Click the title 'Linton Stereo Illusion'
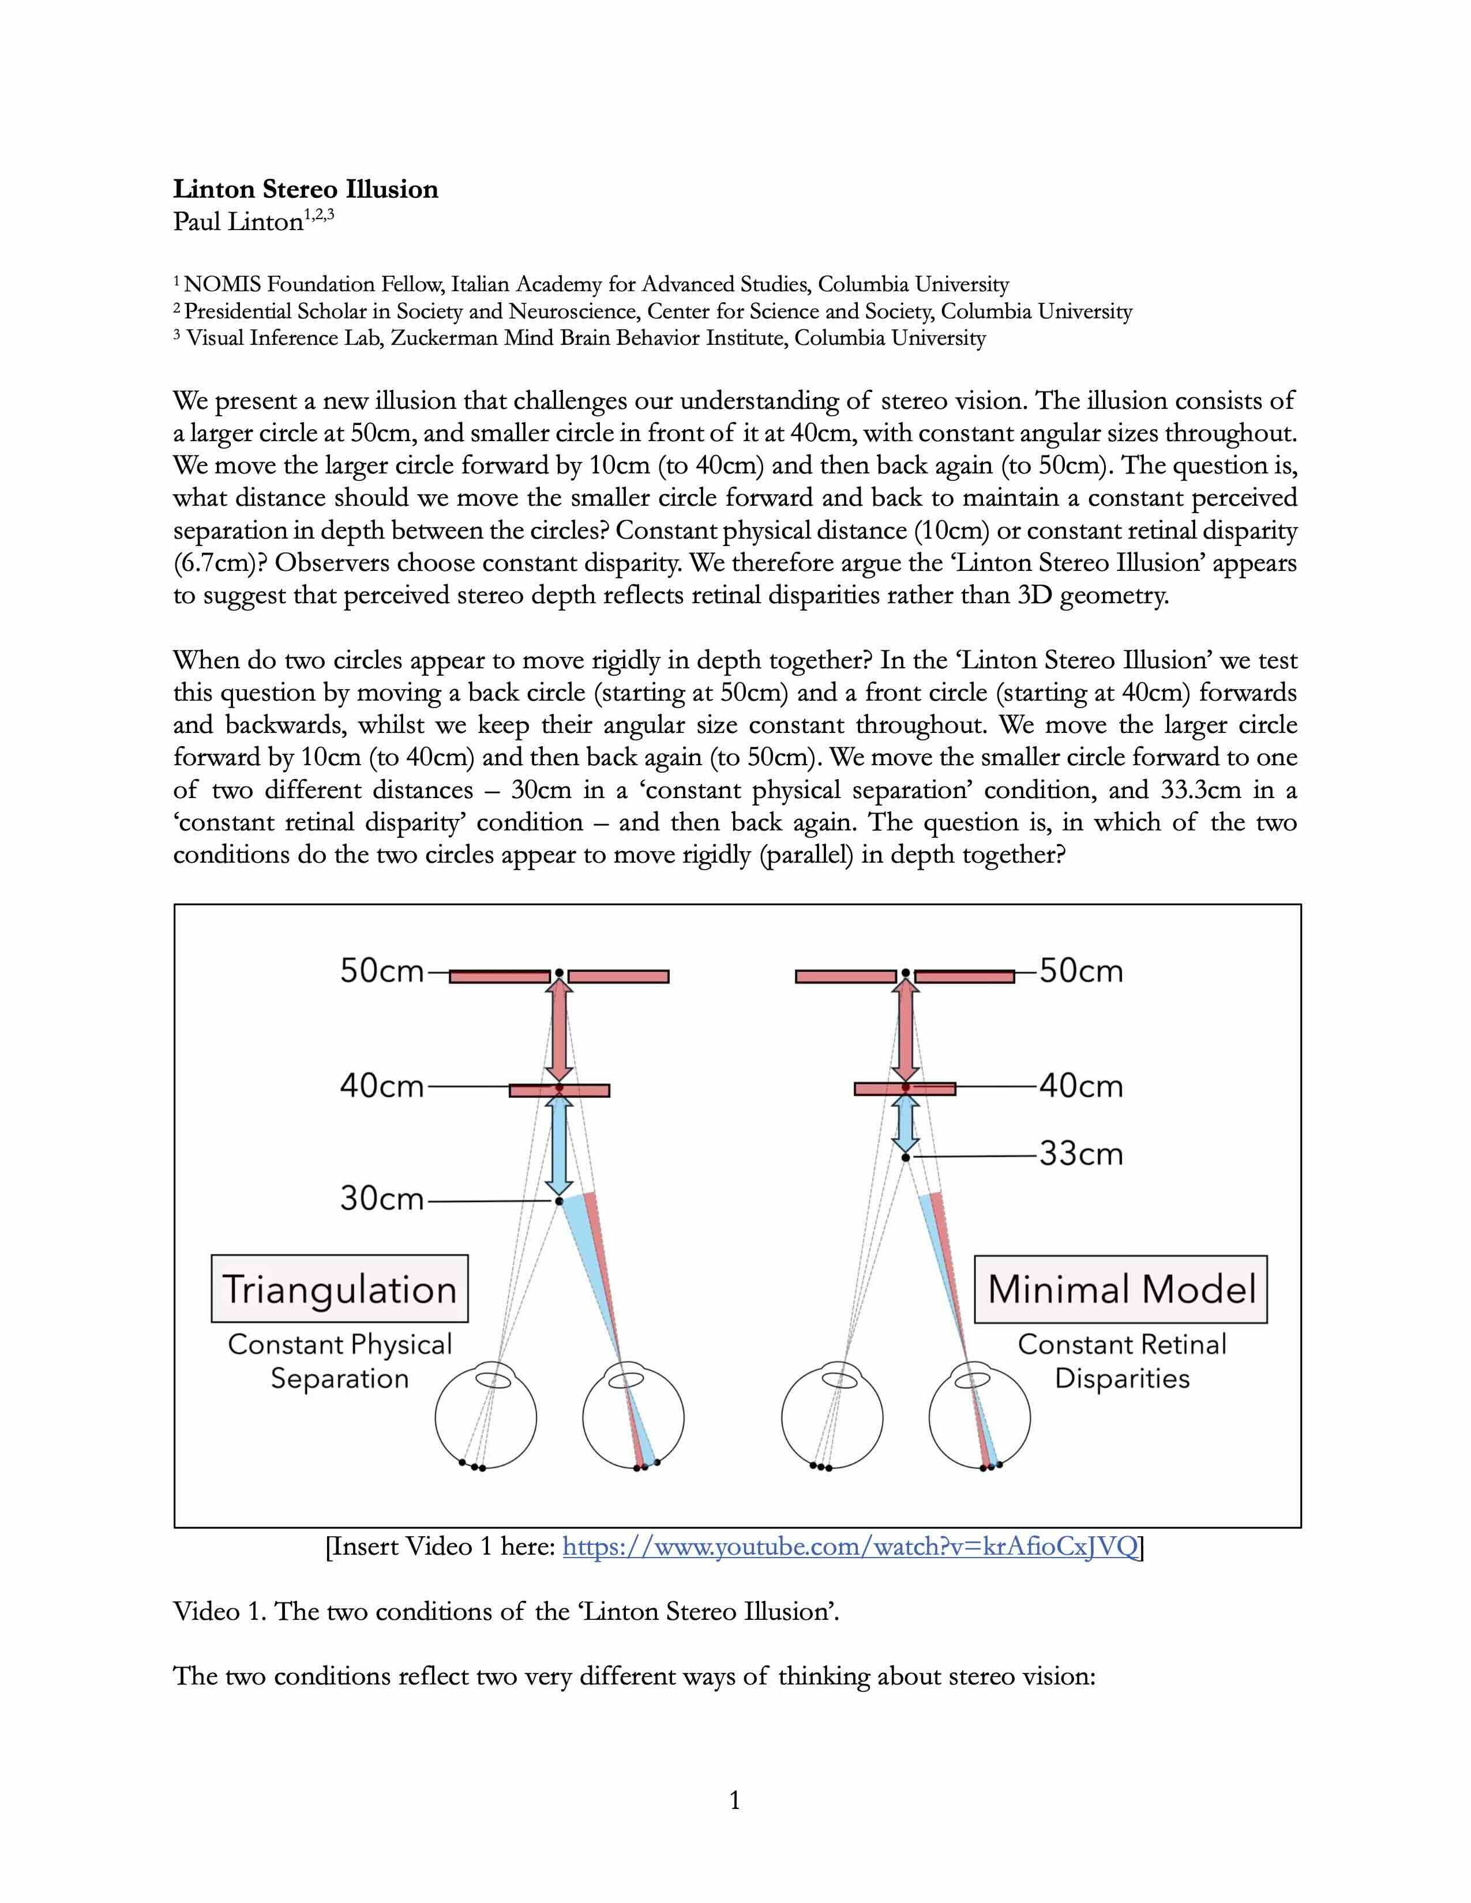[x=305, y=189]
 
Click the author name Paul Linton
[x=238, y=221]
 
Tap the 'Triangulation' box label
[x=339, y=1289]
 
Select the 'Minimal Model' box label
[x=1121, y=1289]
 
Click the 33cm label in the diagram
[x=1080, y=1154]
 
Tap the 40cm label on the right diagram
[x=1080, y=1086]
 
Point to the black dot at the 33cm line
[x=906, y=1157]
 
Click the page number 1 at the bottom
[x=734, y=1800]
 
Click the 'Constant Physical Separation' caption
[x=339, y=1361]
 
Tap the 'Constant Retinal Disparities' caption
[x=1121, y=1361]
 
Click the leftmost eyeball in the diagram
[x=485, y=1419]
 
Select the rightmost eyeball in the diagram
[x=980, y=1419]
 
